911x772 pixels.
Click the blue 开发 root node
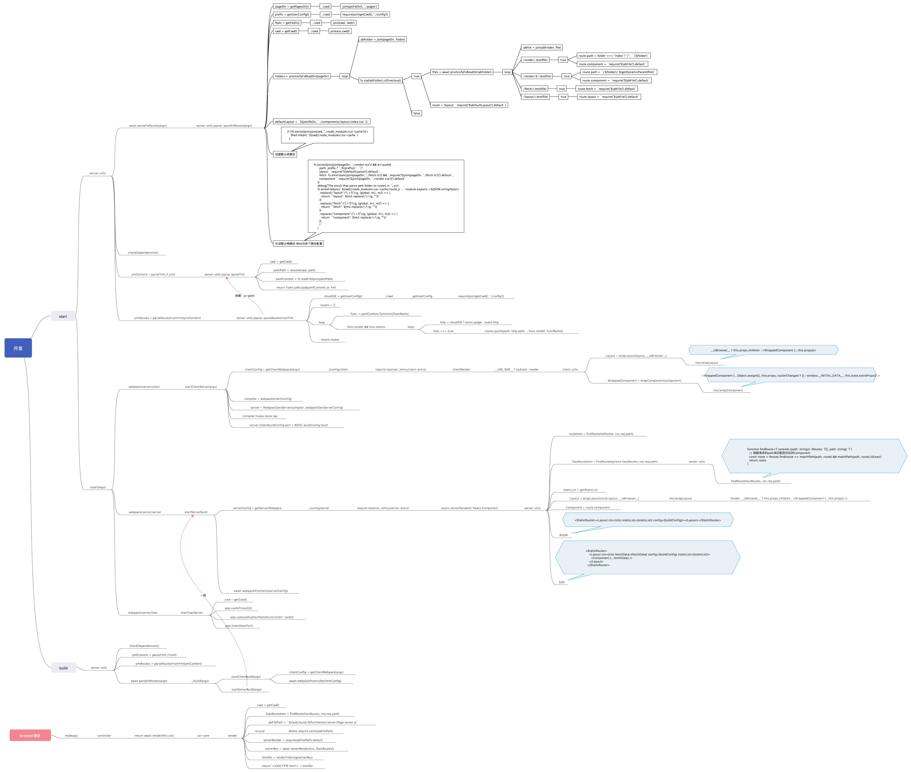[18, 348]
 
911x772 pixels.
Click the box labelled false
[416, 113]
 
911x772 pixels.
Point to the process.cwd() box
[340, 31]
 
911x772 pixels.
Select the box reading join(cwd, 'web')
[344, 23]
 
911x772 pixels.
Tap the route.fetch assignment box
[606, 89]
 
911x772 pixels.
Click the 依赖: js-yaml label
[244, 296]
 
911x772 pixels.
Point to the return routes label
[330, 340]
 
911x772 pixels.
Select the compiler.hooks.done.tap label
[260, 416]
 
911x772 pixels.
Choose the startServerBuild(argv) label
[246, 689]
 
